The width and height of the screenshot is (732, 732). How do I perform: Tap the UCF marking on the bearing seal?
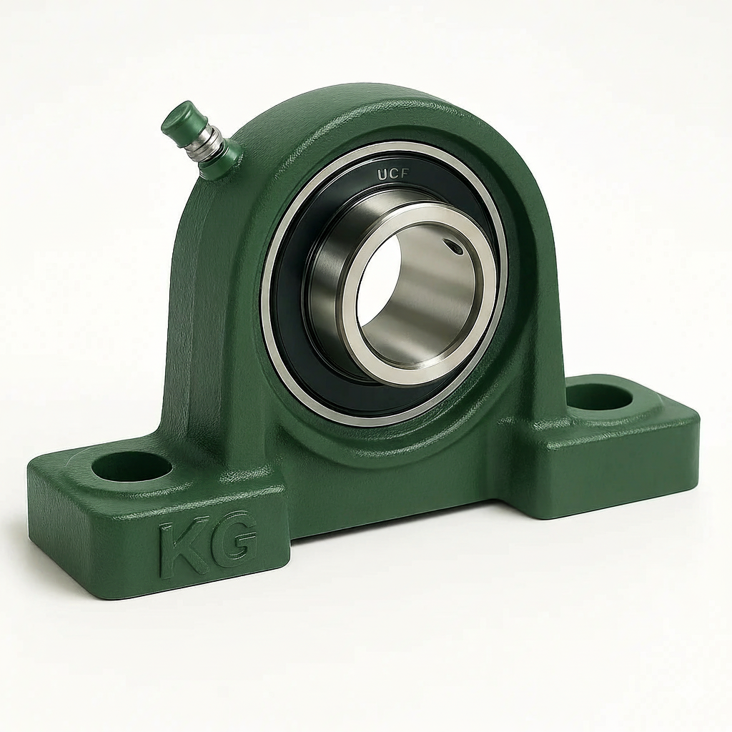[x=394, y=174]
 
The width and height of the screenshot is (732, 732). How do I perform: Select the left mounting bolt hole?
[x=132, y=466]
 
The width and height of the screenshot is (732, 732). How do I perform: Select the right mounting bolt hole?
[x=600, y=397]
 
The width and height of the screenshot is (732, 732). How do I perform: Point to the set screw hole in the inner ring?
[x=454, y=247]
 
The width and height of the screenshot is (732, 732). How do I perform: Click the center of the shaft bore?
[x=417, y=299]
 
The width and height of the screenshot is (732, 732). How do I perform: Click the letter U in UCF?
[x=382, y=176]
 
